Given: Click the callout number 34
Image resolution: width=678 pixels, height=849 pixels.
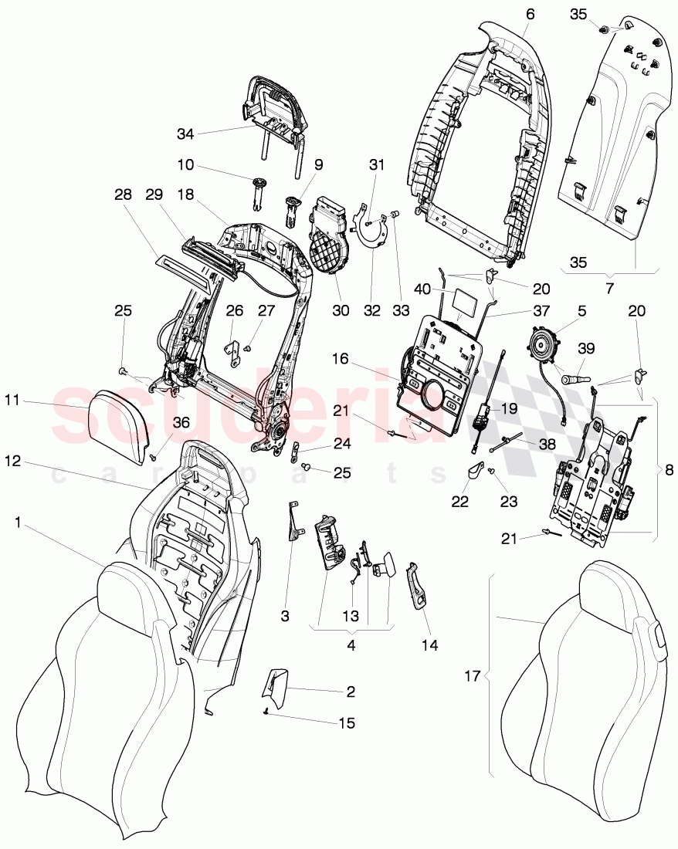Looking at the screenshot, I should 185,134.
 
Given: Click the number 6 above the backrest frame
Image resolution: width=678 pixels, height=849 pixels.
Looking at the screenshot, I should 529,15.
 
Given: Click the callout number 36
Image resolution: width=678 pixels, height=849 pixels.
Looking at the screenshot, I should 180,422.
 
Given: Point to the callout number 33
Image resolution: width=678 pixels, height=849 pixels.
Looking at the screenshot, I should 401,310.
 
